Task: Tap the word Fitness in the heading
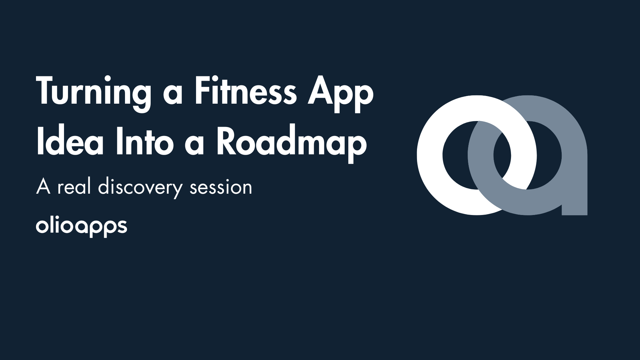[x=245, y=92]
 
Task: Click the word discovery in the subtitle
[x=140, y=188]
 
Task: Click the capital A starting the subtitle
[x=43, y=187]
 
